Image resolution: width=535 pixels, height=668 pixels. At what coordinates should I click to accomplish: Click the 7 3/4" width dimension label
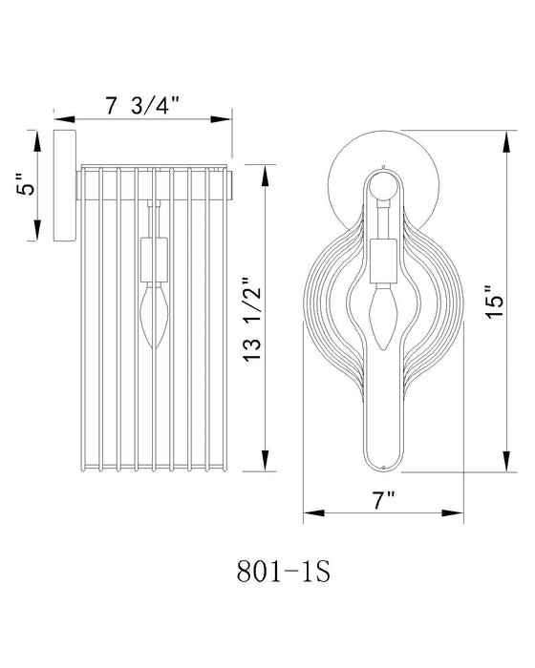pos(144,106)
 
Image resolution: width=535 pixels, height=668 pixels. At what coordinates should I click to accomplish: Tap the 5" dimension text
pos(31,183)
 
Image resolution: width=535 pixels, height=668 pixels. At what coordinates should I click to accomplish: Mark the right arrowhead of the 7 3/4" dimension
pos(225,120)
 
